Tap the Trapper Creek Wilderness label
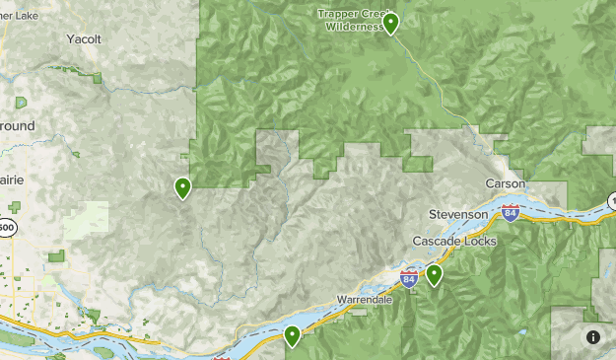click(350, 20)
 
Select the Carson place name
click(506, 184)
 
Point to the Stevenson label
click(458, 214)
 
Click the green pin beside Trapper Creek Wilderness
click(391, 23)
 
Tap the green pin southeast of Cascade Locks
click(434, 275)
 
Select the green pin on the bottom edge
click(293, 337)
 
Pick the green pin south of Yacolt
click(182, 186)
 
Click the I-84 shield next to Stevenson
click(510, 213)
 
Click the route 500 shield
click(6, 227)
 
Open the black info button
click(593, 337)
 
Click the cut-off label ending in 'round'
click(17, 125)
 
